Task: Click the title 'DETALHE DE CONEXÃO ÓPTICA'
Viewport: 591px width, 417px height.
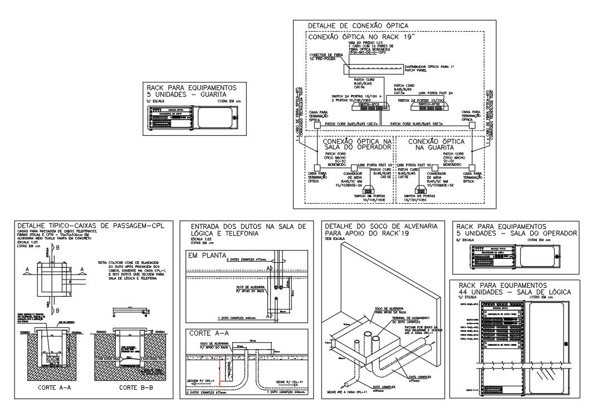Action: coord(358,26)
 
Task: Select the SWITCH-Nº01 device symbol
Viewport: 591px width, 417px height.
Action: coord(369,104)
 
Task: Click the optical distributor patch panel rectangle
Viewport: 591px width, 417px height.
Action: coord(372,68)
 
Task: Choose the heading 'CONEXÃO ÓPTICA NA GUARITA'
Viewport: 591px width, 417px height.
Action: coord(432,145)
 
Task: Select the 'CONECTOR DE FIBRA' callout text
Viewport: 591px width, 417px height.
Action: coord(324,55)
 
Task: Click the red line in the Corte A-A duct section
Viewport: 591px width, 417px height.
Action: coord(223,368)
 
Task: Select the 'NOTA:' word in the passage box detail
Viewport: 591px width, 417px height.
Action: coord(102,262)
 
